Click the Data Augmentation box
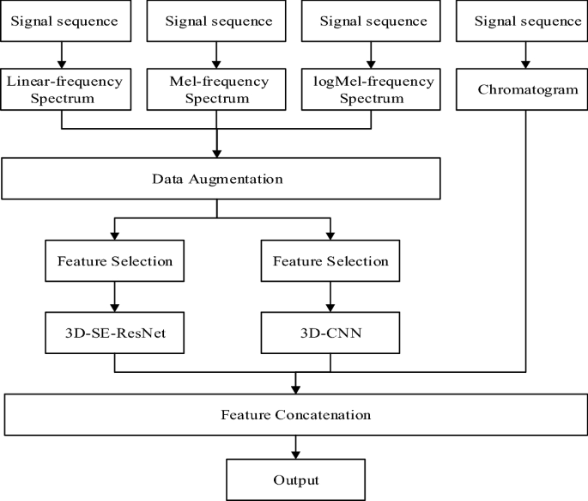pos(221,180)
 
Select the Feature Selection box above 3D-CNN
pos(330,260)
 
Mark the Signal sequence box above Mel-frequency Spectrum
pos(216,21)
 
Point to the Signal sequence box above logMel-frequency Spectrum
pos(371,21)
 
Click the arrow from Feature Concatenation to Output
pos(295,448)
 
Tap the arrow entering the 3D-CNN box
pos(330,298)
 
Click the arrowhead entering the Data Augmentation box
pos(216,152)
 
